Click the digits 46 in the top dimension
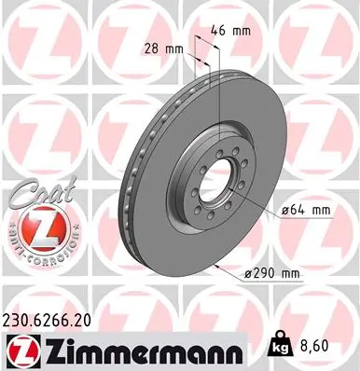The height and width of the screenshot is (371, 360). (x=222, y=31)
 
